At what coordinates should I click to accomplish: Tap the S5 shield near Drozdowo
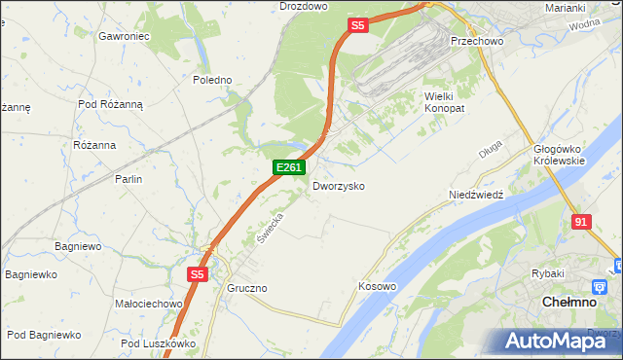pyautogui.click(x=358, y=26)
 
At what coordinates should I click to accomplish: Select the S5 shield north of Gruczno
pyautogui.click(x=198, y=275)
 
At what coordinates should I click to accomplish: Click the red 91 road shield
pyautogui.click(x=581, y=222)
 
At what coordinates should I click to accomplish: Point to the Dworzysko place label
pyautogui.click(x=339, y=185)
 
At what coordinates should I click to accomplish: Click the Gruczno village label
pyautogui.click(x=246, y=289)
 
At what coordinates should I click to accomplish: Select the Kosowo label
pyautogui.click(x=378, y=286)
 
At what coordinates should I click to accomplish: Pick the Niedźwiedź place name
pyautogui.click(x=475, y=195)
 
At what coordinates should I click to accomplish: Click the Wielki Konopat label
pyautogui.click(x=445, y=102)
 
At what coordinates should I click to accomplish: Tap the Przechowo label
pyautogui.click(x=474, y=42)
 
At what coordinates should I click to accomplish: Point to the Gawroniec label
pyautogui.click(x=123, y=36)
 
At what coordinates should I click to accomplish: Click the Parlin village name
pyautogui.click(x=128, y=179)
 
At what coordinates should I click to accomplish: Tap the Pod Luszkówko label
pyautogui.click(x=159, y=343)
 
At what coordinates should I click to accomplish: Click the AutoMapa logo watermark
pyautogui.click(x=552, y=341)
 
